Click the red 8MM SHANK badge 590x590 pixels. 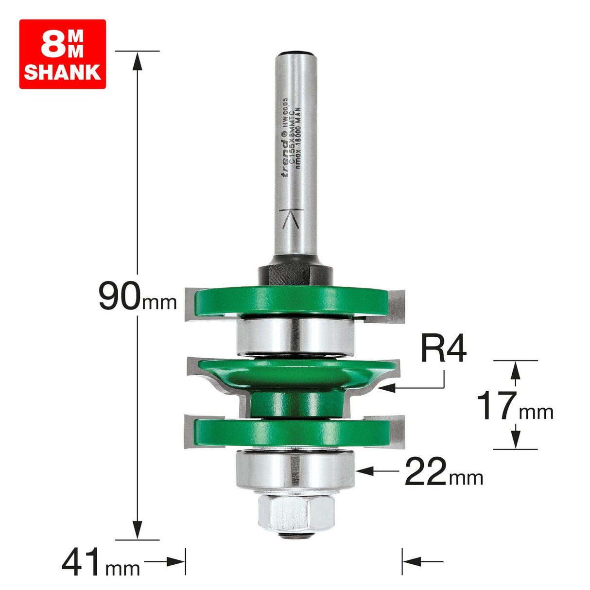[x=62, y=54]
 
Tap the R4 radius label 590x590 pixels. [x=443, y=349]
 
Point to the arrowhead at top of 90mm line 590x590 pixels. [x=138, y=60]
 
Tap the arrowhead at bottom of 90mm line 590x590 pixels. [x=138, y=529]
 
